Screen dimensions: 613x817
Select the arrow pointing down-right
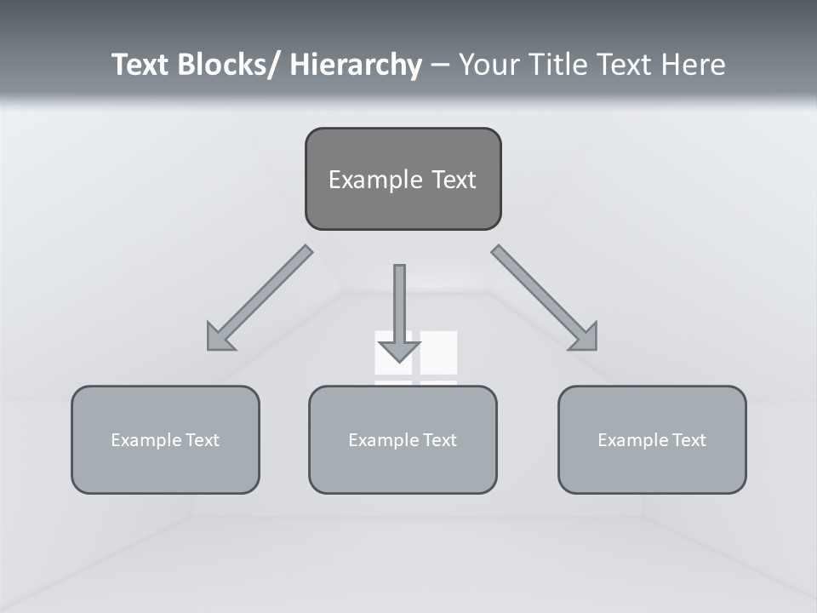546,299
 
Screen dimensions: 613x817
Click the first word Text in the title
141,65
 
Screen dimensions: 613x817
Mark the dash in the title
440,65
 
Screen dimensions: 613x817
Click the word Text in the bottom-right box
688,440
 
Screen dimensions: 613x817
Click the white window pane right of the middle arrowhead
439,352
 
